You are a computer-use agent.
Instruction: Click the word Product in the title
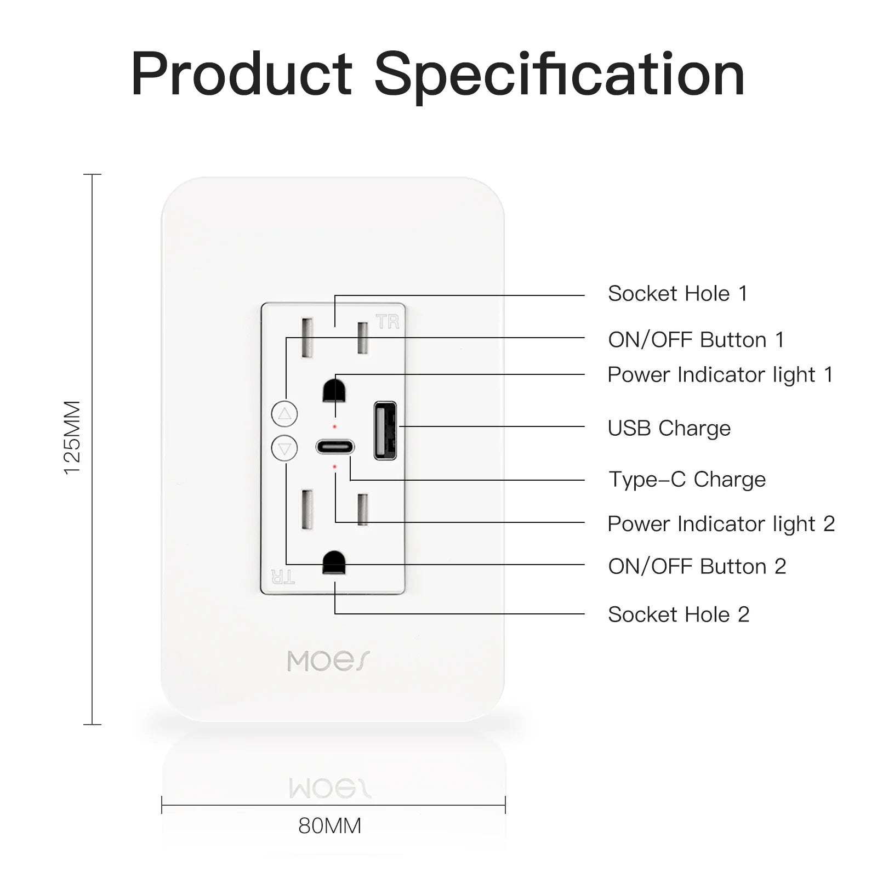241,74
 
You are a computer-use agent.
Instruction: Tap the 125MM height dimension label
72,437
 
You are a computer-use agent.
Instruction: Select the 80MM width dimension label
329,825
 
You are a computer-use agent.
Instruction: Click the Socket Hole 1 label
678,294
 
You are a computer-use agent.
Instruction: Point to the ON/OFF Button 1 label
696,340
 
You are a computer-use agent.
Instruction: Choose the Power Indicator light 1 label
720,375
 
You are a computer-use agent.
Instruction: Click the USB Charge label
669,428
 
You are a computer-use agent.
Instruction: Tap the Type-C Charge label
687,479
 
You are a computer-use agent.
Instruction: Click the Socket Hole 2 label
679,614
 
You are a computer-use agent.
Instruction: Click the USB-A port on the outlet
385,431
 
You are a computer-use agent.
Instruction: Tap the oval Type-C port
335,447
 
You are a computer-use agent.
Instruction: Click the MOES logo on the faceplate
329,661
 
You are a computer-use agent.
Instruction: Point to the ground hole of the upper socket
334,390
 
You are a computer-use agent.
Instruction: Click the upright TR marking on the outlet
388,322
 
